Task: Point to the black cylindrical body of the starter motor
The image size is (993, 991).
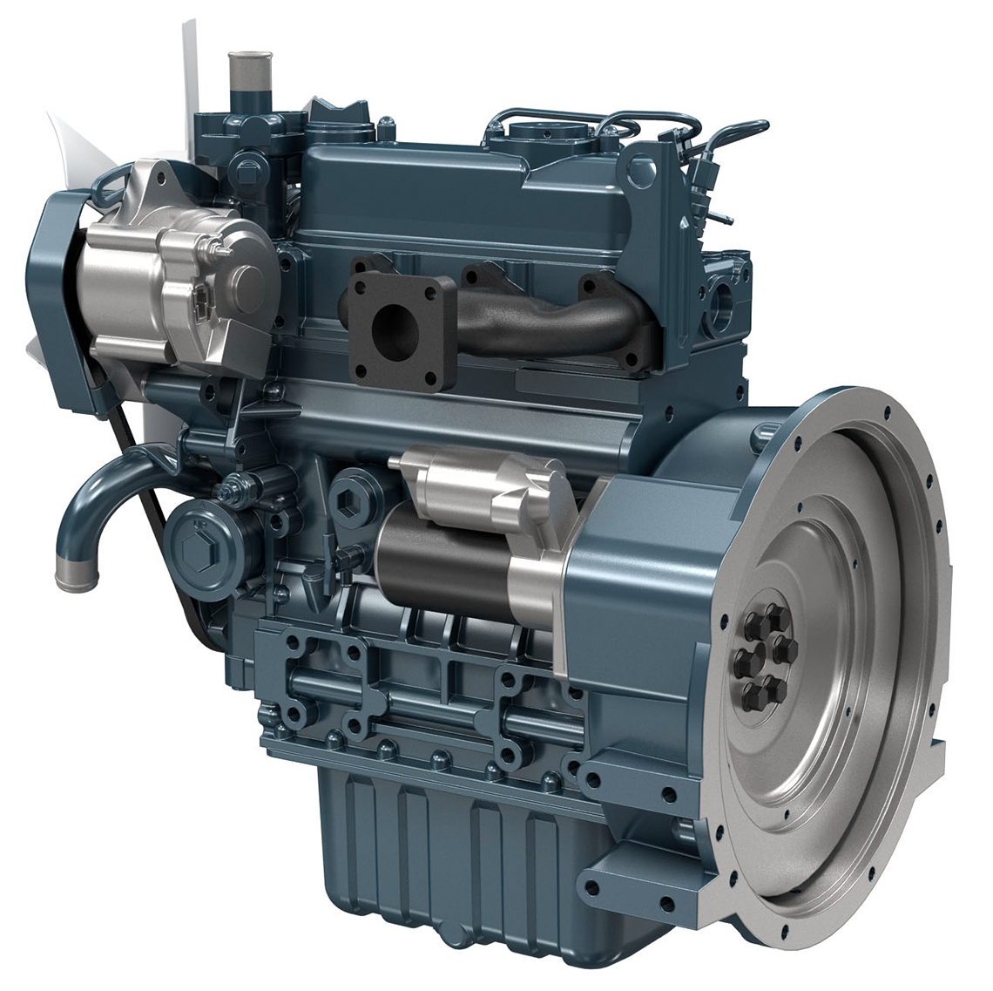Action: (436, 558)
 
